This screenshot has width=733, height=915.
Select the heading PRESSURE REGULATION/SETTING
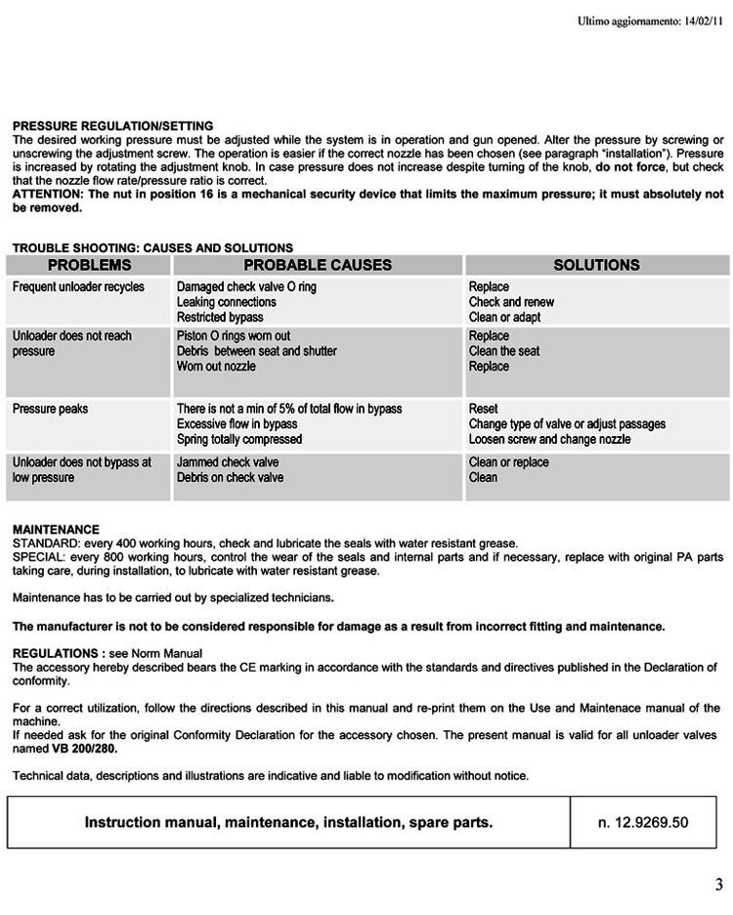(112, 126)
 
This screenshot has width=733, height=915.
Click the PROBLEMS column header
(89, 265)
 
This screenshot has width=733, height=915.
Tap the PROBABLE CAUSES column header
(318, 265)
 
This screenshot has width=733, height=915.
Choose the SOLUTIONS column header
(596, 265)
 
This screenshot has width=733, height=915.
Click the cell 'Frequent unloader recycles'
(78, 287)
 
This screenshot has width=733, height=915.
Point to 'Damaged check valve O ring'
(246, 287)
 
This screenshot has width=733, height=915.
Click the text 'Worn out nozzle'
(216, 367)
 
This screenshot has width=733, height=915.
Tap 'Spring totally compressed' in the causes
(239, 440)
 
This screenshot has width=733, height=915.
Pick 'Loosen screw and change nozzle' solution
(549, 440)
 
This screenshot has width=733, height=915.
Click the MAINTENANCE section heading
(56, 530)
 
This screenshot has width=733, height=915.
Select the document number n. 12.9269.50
(643, 822)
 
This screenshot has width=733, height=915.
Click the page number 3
(718, 886)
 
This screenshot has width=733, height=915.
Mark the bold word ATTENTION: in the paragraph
(46, 195)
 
